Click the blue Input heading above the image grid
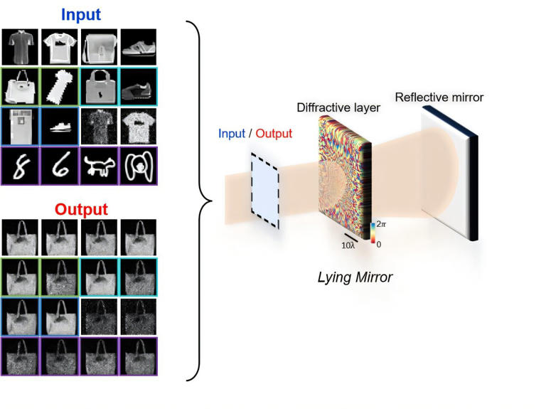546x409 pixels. [81, 15]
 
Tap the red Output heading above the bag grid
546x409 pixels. [81, 209]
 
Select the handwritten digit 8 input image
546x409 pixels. [21, 166]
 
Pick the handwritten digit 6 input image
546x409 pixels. [60, 166]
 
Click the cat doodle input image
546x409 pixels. [100, 166]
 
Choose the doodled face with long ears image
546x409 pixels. [139, 166]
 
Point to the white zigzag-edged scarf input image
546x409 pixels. [60, 86]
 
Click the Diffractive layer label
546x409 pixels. [338, 107]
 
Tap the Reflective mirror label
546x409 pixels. [439, 97]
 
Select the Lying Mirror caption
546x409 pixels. [355, 277]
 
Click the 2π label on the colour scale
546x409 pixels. [381, 224]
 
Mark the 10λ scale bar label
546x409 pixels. [348, 245]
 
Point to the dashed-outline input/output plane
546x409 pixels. [265, 191]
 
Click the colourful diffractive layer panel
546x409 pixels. [345, 178]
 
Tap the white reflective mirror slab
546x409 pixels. [449, 173]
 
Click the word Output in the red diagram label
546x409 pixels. [274, 134]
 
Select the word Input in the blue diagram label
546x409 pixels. [232, 134]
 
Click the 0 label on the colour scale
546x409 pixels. [379, 245]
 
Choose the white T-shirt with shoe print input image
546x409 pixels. [60, 47]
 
